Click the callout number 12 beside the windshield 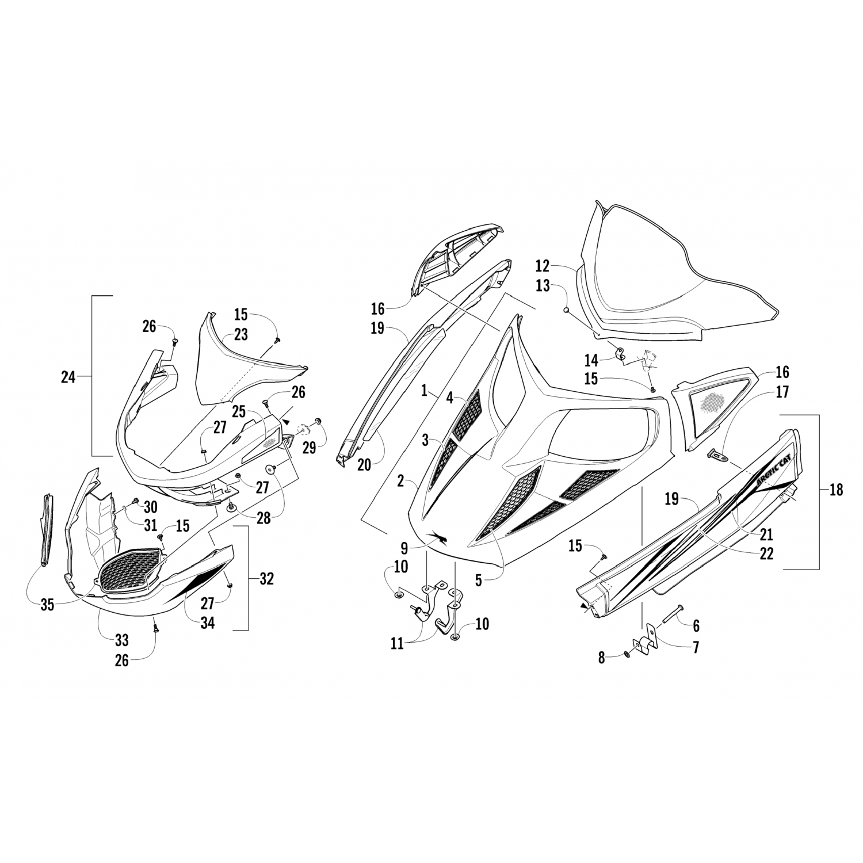[542, 266]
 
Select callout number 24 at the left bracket [68, 377]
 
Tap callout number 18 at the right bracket [836, 490]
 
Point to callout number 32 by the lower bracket [266, 579]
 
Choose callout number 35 [48, 605]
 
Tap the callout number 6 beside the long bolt [697, 626]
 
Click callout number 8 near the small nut [602, 658]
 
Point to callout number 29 [310, 447]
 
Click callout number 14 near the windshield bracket [591, 361]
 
